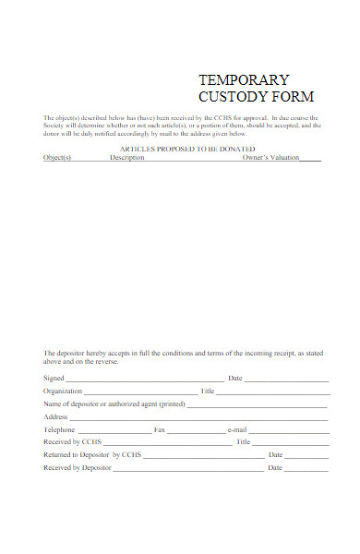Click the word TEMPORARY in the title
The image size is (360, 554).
[244, 79]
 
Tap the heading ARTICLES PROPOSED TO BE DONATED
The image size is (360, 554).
[187, 149]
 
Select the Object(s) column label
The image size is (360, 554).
[57, 158]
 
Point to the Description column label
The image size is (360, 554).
[127, 158]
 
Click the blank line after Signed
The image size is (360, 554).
[145, 379]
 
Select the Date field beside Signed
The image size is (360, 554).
[286, 379]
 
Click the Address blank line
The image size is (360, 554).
[198, 418]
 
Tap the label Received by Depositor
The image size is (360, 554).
[77, 468]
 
